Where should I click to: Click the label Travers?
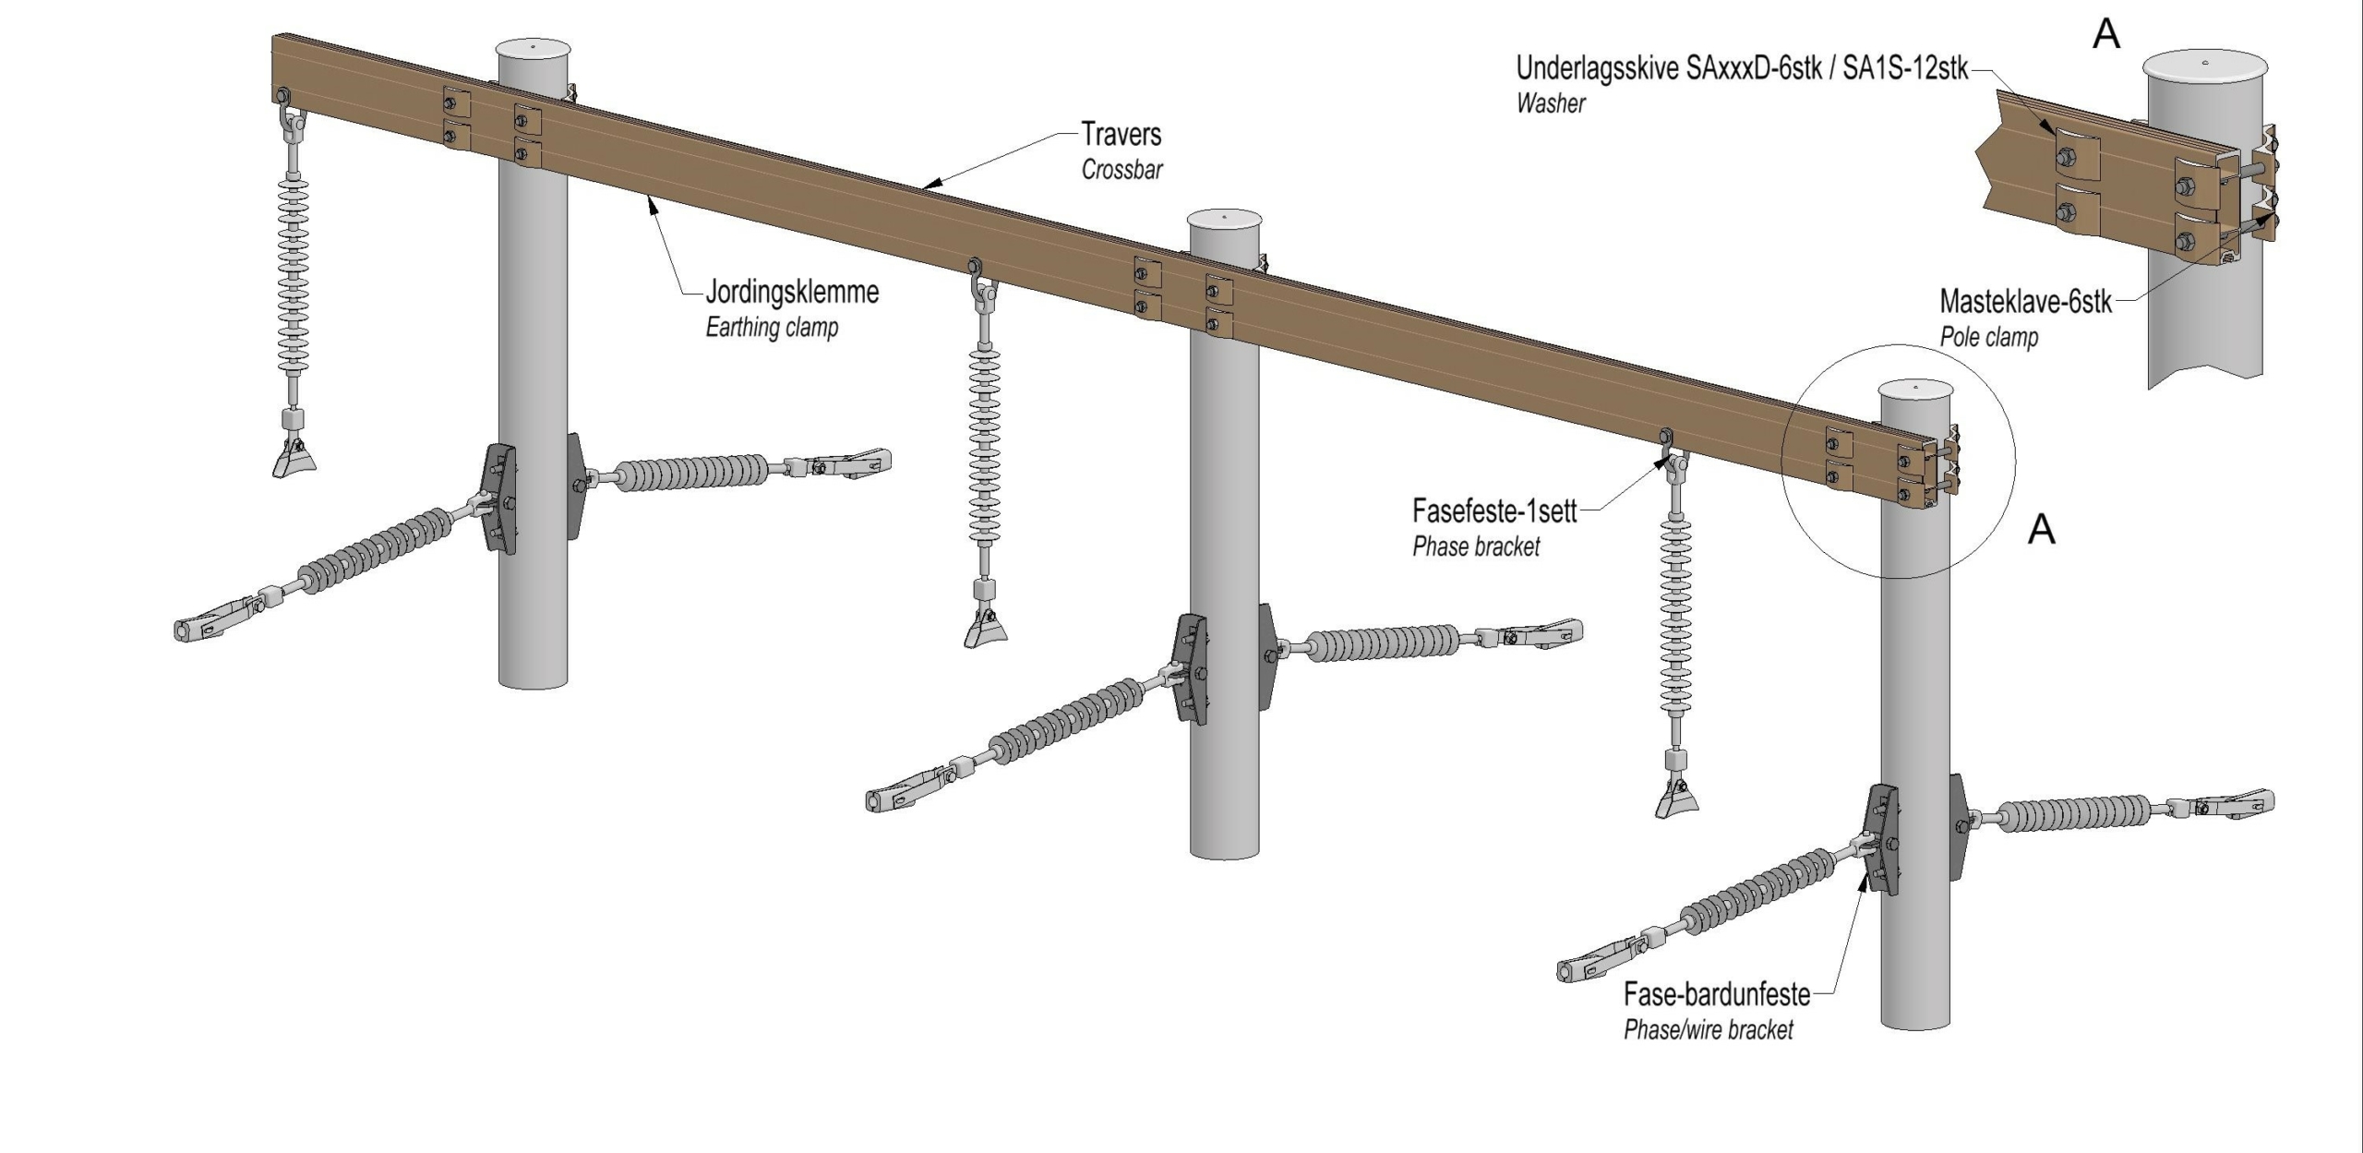coord(1121,135)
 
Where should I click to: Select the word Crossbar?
coord(1122,170)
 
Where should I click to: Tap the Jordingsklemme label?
coord(792,293)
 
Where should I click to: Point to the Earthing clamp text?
coord(772,328)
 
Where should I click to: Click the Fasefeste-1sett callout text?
coord(1494,510)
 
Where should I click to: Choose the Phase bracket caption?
coord(1476,546)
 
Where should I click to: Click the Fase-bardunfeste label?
coord(1717,994)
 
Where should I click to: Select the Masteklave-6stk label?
coord(2025,302)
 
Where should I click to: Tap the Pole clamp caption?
coord(1988,337)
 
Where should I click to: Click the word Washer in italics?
coord(1551,103)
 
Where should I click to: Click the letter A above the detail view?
coord(2106,34)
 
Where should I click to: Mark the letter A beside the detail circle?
coord(2042,529)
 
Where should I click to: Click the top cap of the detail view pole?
coord(2204,67)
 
